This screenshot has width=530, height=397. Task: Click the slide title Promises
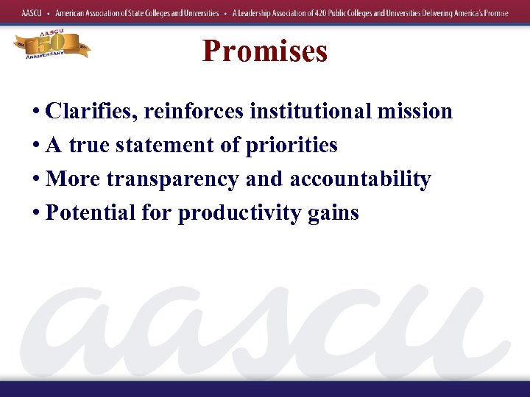pyautogui.click(x=265, y=51)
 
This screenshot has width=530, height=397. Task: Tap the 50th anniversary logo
pyautogui.click(x=51, y=46)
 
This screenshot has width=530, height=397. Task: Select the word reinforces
pyautogui.click(x=194, y=112)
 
